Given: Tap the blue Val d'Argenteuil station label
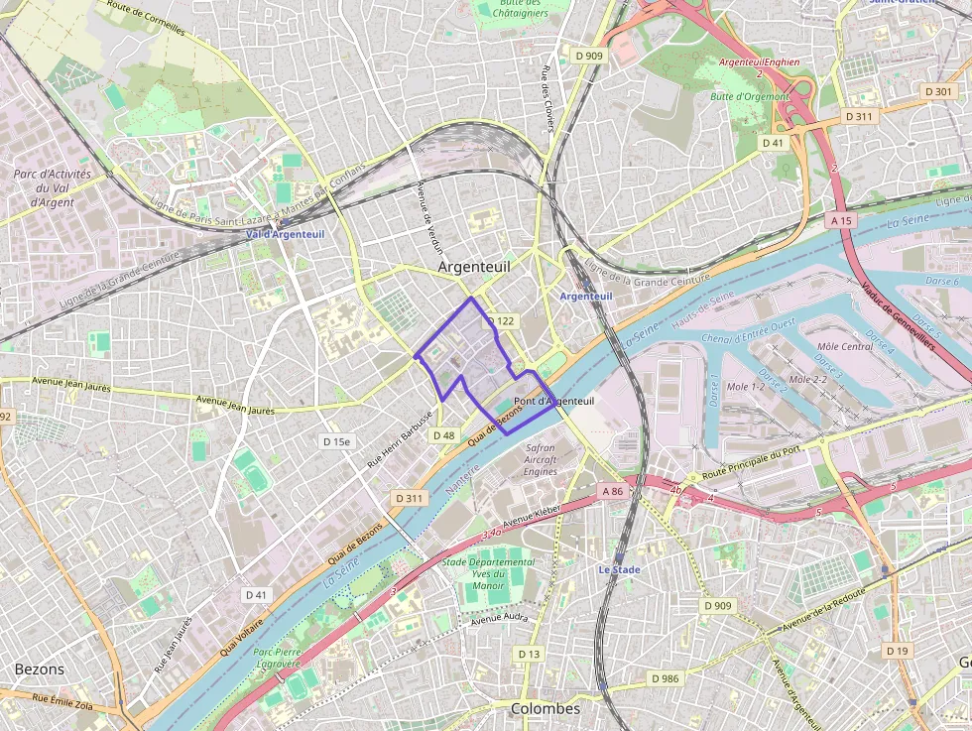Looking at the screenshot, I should pos(285,234).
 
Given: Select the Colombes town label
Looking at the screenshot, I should pos(545,709).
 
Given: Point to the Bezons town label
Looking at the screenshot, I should pos(39,670).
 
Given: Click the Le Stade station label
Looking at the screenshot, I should pos(619,570).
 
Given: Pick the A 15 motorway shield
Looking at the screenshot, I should pos(841,219).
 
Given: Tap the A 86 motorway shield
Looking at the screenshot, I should pos(612,491).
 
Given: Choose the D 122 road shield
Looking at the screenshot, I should pos(501,321).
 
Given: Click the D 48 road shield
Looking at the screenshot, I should pos(443,435).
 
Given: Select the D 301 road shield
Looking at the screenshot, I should pos(937,91).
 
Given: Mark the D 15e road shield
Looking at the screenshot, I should pos(337,441).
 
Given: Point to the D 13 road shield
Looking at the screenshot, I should pos(530,654).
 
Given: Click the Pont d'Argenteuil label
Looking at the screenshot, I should pos(554,401).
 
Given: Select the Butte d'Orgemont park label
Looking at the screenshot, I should pos(750,97).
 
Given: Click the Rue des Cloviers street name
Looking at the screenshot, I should pos(546,97).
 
